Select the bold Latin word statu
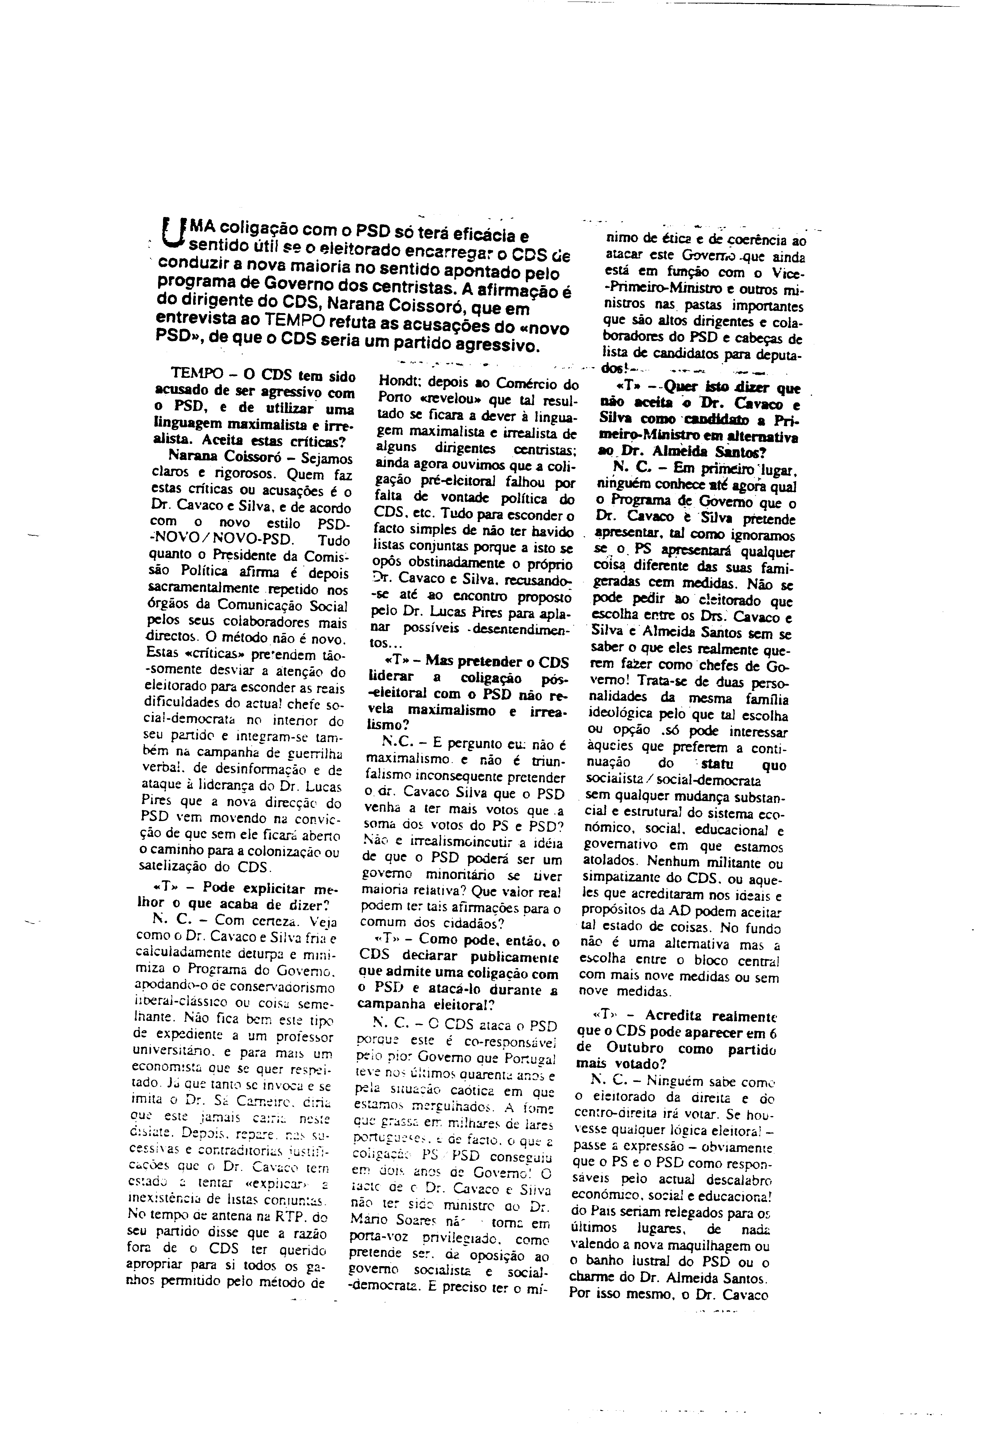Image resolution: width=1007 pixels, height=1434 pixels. coord(718,765)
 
